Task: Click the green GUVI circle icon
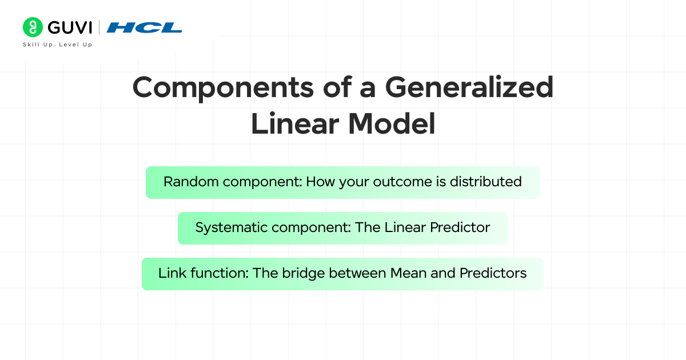(x=33, y=27)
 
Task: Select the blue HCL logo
(x=145, y=27)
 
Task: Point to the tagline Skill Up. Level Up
(x=57, y=45)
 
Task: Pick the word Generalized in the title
(x=469, y=89)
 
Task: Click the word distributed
(x=485, y=182)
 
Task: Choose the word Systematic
(x=232, y=227)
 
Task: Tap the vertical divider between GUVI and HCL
(x=99, y=27)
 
